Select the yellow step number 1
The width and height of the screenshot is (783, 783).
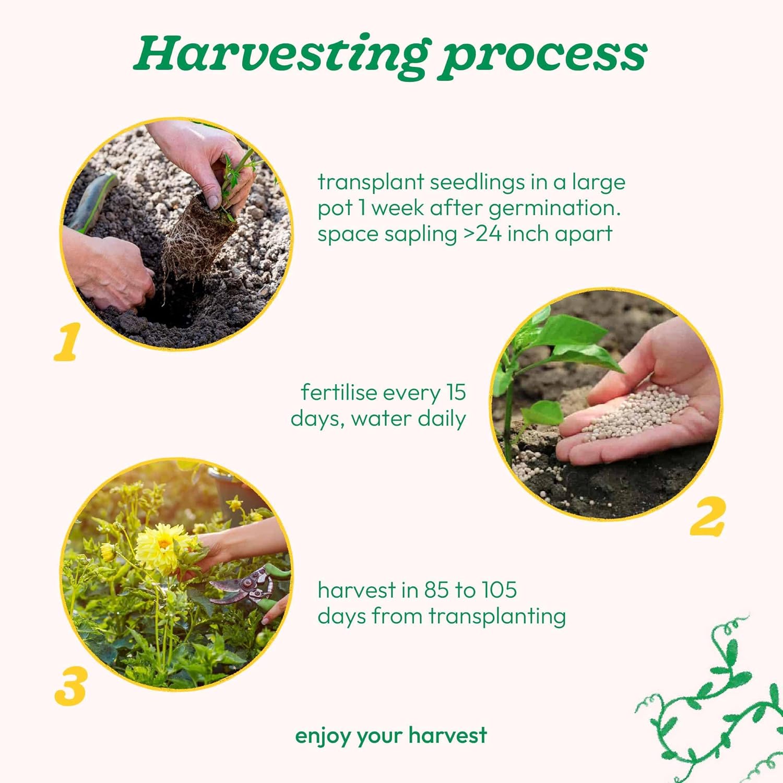coord(67,341)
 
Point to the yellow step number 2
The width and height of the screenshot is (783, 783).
coord(708,516)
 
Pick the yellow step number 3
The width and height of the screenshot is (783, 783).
coord(70,687)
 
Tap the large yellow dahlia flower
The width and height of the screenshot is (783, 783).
coord(162,545)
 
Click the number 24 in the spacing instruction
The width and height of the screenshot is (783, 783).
coord(489,233)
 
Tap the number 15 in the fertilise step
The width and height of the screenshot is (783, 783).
coord(456,393)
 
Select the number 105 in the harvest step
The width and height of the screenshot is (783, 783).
coord(499,590)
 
